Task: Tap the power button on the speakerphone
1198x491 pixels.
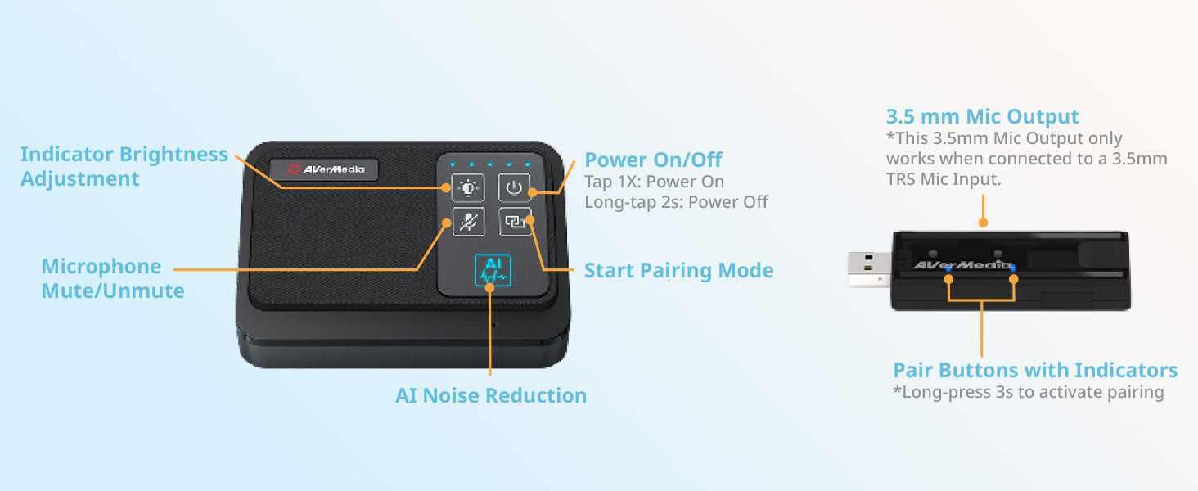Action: [x=514, y=187]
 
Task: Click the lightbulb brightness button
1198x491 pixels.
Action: [x=468, y=187]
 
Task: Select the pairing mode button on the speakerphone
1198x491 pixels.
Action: [x=515, y=221]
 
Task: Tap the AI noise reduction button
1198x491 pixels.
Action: [x=493, y=271]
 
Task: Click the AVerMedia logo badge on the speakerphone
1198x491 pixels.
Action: [x=324, y=169]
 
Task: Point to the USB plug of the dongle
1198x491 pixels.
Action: [x=870, y=269]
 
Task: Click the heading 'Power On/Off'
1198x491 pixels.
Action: [x=653, y=160]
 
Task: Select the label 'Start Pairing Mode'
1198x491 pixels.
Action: [x=678, y=270]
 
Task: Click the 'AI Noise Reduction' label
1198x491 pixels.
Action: [x=491, y=395]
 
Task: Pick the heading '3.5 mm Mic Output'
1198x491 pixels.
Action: [x=983, y=116]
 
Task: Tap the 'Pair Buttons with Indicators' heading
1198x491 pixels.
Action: [x=1035, y=370]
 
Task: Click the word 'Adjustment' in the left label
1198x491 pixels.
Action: [x=79, y=178]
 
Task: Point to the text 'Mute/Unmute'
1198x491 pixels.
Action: [x=113, y=291]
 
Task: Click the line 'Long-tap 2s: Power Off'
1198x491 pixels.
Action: [x=676, y=202]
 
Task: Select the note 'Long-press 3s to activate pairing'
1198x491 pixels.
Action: [x=1029, y=392]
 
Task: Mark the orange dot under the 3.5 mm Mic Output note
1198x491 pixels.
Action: [x=983, y=223]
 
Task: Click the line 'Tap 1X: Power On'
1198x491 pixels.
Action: [x=654, y=182]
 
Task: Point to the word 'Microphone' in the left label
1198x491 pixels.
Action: [x=101, y=266]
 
